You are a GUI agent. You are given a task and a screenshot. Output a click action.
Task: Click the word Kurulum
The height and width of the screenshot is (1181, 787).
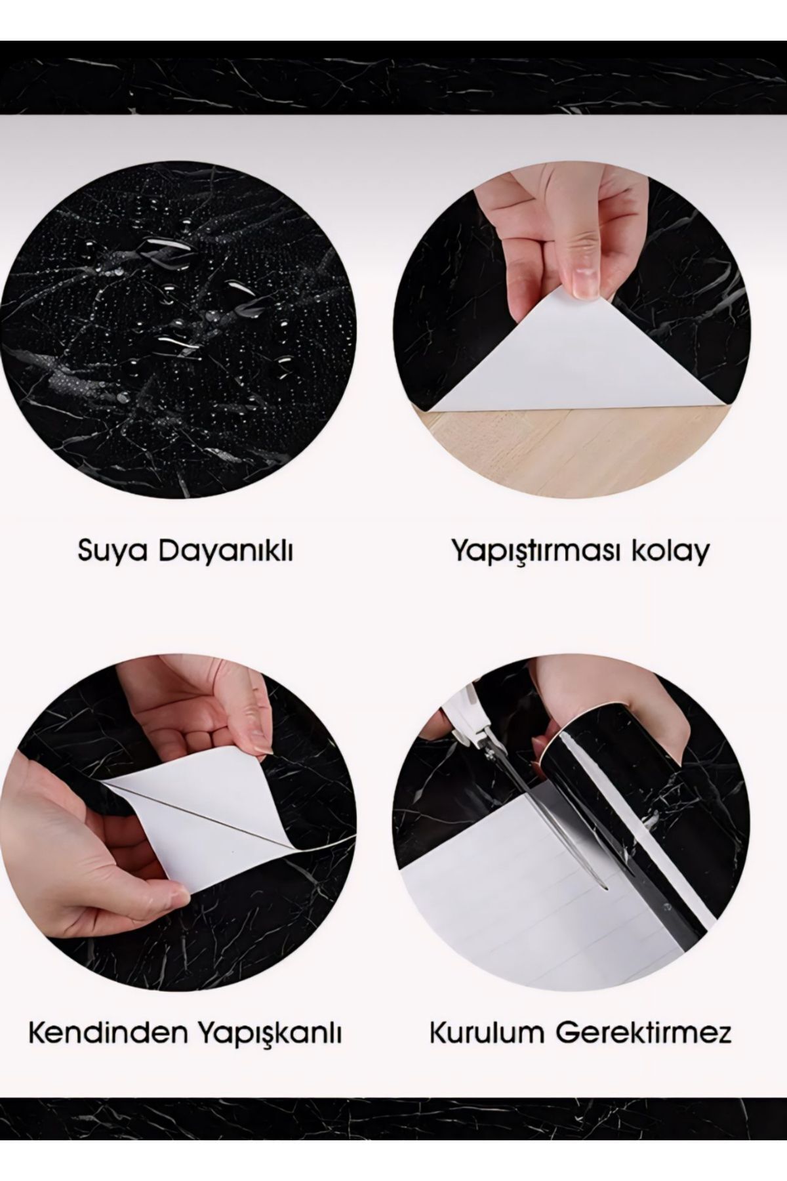click(487, 1034)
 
